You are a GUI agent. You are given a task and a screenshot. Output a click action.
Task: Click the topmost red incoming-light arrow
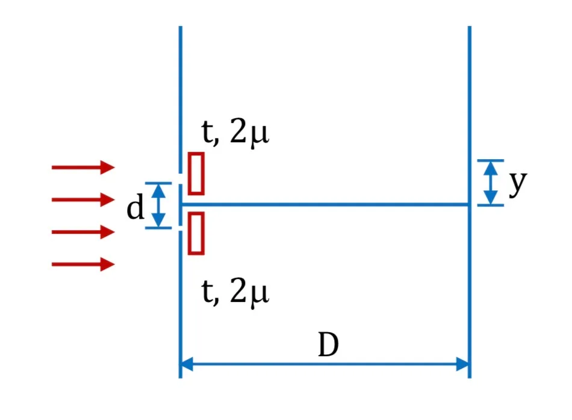pyautogui.click(x=83, y=168)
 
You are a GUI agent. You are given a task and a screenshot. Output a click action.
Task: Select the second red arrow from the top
pyautogui.click(x=83, y=199)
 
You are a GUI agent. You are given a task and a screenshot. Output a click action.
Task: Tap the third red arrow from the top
pyautogui.click(x=83, y=232)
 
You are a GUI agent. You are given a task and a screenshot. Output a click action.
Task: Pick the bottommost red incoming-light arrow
pyautogui.click(x=83, y=264)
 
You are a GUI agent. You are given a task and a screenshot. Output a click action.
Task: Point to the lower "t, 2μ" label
pyautogui.click(x=235, y=293)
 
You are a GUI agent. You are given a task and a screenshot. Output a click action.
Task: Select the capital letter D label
pyautogui.click(x=328, y=345)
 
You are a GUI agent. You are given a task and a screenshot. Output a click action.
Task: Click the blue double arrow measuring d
pyautogui.click(x=158, y=205)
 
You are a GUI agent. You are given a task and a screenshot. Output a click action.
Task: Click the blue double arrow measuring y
pyautogui.click(x=491, y=183)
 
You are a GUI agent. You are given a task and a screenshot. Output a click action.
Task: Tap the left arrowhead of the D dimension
pyautogui.click(x=187, y=364)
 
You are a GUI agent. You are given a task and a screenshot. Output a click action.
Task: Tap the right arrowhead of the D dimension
pyautogui.click(x=462, y=364)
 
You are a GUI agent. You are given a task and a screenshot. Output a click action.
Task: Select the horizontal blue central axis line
pyautogui.click(x=325, y=204)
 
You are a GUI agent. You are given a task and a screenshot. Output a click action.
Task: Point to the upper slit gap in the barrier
pyautogui.click(x=180, y=178)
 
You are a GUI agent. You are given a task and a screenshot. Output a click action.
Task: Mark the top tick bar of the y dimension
pyautogui.click(x=491, y=160)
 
